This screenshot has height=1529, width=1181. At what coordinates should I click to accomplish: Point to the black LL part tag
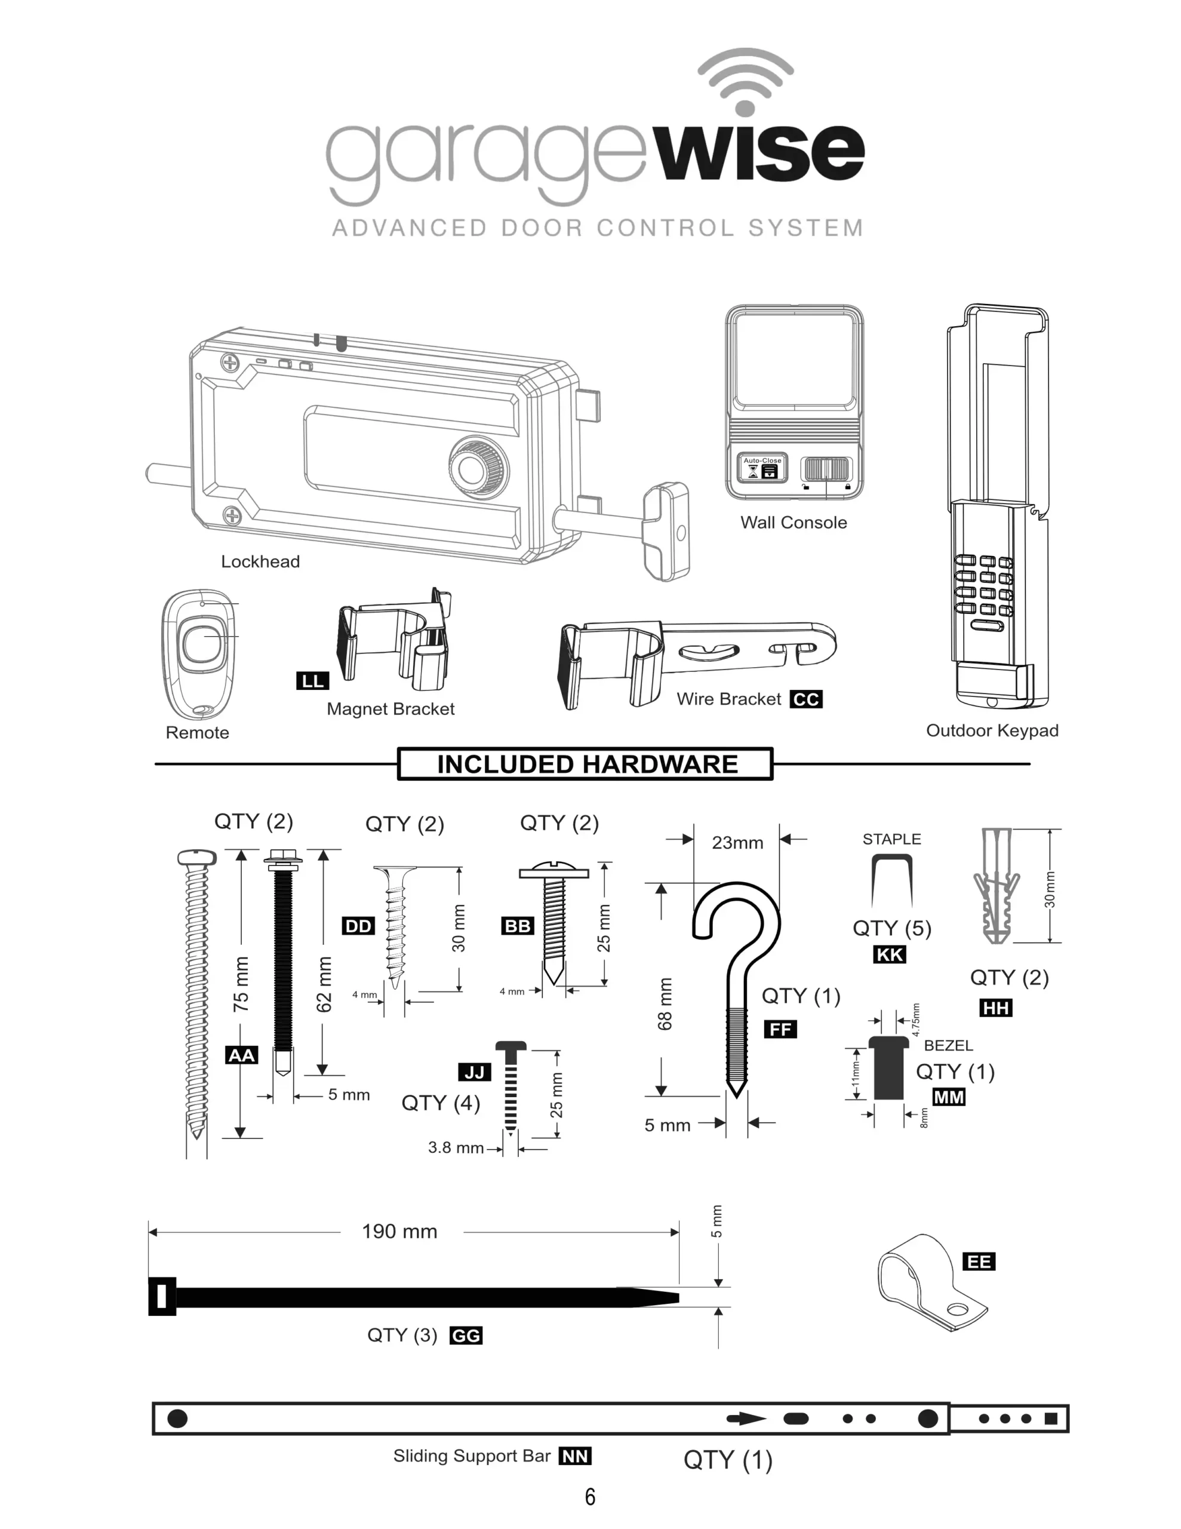point(312,680)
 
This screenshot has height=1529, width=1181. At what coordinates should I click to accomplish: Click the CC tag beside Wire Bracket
point(806,699)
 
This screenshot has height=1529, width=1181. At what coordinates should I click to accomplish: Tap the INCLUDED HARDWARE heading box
point(586,764)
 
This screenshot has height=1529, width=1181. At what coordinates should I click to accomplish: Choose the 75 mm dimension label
point(241,984)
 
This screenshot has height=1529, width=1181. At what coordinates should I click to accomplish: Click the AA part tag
point(242,1055)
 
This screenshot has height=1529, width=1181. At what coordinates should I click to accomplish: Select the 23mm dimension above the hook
point(737,842)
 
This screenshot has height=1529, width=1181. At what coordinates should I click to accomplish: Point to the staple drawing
point(892,880)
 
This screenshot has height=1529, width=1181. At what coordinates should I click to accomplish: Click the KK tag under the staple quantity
point(890,954)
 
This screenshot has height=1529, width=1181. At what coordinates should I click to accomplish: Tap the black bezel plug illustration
point(888,1068)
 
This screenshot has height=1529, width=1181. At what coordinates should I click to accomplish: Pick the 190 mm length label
point(399,1232)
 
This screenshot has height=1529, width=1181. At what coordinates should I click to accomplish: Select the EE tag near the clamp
point(979,1261)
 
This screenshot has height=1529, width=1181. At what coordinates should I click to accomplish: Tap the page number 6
point(590,1496)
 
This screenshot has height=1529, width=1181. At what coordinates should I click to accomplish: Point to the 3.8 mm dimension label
point(456,1147)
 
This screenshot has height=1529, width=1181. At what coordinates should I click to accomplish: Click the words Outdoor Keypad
point(992,730)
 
